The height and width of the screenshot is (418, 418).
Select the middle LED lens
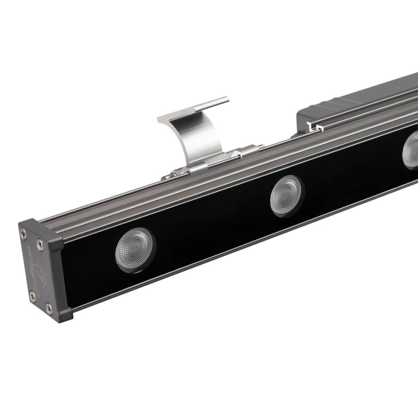coord(286,195)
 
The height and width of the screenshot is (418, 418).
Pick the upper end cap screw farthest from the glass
coord(24,234)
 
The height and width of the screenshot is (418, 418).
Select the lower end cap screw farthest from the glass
coord(32,296)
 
